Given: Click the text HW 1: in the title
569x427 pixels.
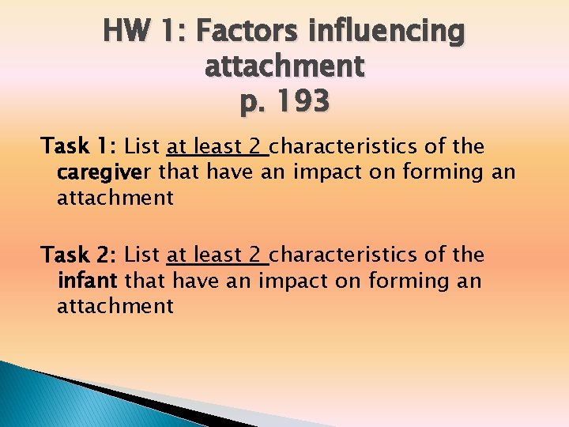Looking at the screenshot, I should pos(144,32).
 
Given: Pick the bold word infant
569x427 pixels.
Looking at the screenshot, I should pos(87,281).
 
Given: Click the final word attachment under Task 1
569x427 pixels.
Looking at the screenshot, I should pos(115,198).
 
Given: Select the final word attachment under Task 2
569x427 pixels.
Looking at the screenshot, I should pos(115,306).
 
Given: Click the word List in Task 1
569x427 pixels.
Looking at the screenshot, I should pos(142,147).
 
